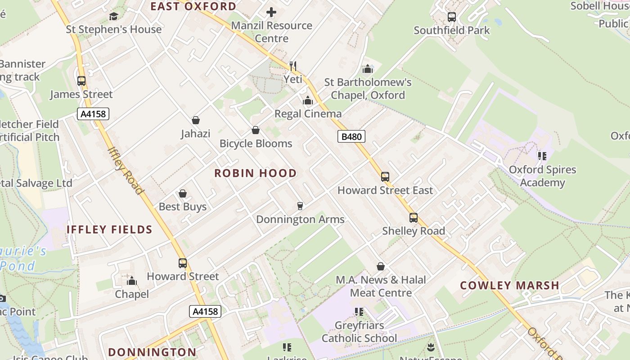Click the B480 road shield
[x=351, y=136]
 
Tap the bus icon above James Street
[x=81, y=81]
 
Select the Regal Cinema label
[x=308, y=114]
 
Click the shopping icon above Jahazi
[x=196, y=120]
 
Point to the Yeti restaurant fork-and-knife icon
[x=293, y=66]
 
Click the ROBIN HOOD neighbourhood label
[x=255, y=173]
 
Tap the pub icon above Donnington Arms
[x=300, y=206]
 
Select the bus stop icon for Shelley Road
[x=414, y=218]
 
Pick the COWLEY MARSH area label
[x=509, y=285]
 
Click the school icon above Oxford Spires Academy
[x=542, y=156]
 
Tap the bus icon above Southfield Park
[x=452, y=17]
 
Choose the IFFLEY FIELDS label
[x=109, y=229]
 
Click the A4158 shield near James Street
[x=93, y=114]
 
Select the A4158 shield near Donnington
[x=205, y=311]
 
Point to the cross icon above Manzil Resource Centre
[x=271, y=12]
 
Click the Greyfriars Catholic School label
[x=359, y=332]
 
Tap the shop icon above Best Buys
[x=183, y=193]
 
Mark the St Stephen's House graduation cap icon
[x=114, y=16]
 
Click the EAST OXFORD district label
[x=193, y=6]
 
